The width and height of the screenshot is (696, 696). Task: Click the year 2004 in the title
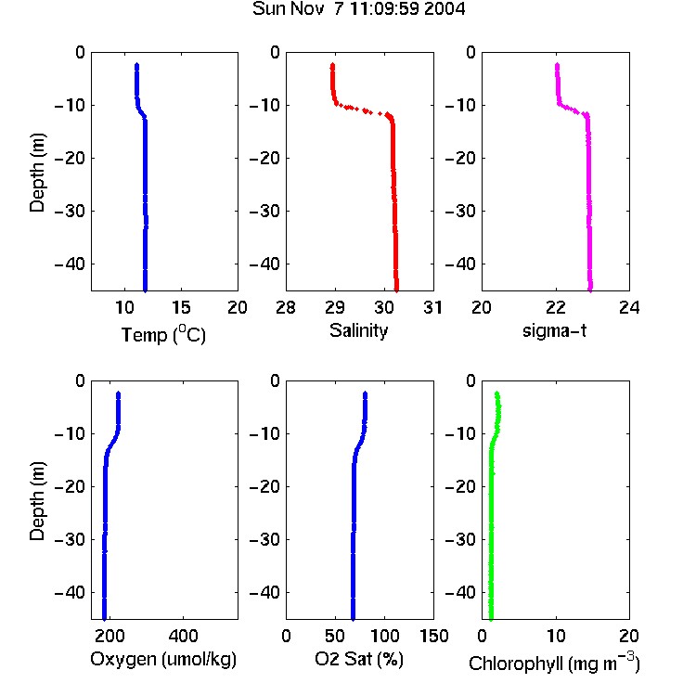coord(445,8)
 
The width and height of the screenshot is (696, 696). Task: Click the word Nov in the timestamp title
coord(307,8)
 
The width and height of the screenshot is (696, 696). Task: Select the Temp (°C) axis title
coord(163,334)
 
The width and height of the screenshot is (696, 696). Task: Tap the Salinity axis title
coord(358,330)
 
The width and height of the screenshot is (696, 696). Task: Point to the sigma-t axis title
coord(554,330)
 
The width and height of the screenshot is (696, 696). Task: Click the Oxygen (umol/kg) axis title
coord(163,659)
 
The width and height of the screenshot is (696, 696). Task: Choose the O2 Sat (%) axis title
coord(358,659)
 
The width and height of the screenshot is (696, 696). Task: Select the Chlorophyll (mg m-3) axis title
coord(554,663)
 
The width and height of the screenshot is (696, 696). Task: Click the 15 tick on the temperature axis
coord(181,307)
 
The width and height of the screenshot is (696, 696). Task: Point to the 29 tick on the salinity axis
coord(335,307)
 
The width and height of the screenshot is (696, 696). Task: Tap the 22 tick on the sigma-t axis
coord(556,307)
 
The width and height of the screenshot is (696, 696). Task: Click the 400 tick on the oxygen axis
coord(184,636)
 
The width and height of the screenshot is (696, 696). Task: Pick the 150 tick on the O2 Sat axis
coord(434,636)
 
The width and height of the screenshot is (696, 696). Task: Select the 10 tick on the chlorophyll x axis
coord(556,636)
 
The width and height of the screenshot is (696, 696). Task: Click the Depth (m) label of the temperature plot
coord(37,173)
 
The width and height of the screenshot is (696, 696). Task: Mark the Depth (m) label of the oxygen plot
coord(37,501)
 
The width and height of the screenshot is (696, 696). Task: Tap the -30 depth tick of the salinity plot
coord(265,211)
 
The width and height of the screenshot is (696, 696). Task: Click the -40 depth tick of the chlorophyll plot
coord(460,592)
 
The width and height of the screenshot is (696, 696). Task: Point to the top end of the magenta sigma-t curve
coord(557,65)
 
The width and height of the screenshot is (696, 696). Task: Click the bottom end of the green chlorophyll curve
coord(491,619)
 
